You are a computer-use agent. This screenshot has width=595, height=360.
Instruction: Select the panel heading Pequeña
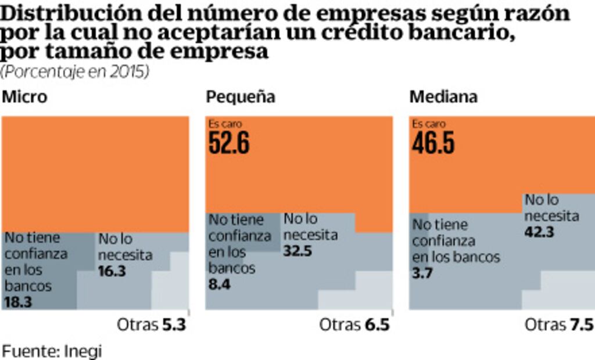[x=241, y=97]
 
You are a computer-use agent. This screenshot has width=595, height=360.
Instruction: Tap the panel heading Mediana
[x=443, y=97]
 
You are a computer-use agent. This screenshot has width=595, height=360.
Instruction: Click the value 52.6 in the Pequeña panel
[x=229, y=143]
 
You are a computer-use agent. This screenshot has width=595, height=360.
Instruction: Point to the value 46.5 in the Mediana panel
[x=433, y=143]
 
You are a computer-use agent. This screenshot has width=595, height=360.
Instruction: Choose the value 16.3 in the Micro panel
[x=112, y=271]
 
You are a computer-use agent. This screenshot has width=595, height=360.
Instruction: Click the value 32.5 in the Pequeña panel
[x=298, y=252]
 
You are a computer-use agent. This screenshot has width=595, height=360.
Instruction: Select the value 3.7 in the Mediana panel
[x=422, y=273]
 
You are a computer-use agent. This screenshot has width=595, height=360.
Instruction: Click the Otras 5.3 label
[x=151, y=325]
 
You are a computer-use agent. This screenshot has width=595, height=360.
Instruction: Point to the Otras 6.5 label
[x=354, y=325]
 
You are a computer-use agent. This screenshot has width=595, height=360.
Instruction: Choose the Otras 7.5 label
[x=558, y=325]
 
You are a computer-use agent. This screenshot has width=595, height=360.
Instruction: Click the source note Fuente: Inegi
[x=52, y=351]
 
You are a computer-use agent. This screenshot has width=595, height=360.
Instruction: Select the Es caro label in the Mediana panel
[x=428, y=124]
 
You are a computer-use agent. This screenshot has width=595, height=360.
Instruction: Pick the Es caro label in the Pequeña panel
[x=225, y=124]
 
